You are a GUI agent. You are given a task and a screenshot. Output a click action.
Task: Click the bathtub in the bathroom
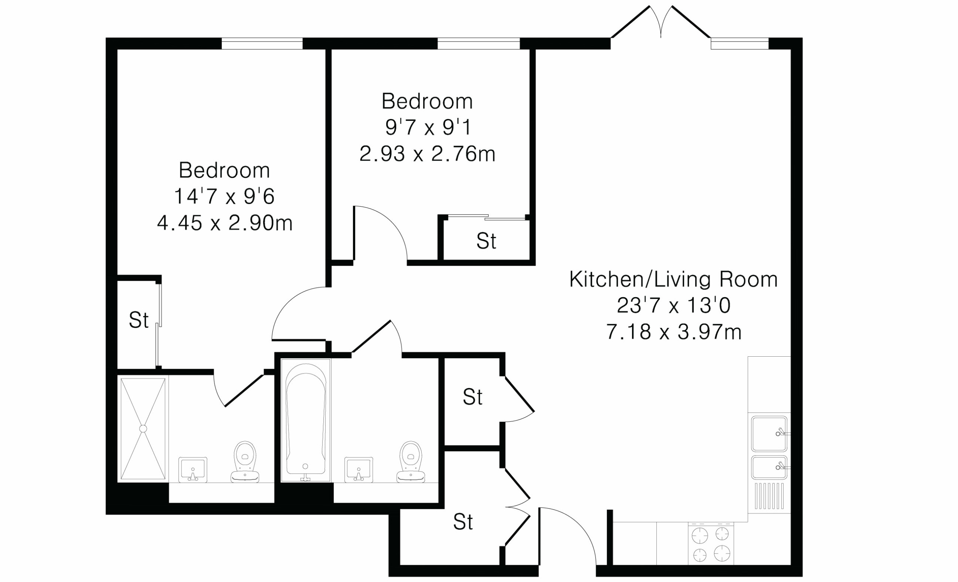[x=306, y=420]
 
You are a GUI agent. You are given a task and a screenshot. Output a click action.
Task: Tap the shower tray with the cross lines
[x=143, y=429]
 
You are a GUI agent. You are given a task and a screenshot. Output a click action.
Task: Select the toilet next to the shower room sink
[x=245, y=462]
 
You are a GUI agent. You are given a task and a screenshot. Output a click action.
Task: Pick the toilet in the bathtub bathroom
[x=411, y=462]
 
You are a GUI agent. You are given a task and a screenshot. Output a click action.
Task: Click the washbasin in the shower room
[x=192, y=470]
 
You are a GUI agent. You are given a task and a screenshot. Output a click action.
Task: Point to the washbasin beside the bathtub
[x=359, y=470]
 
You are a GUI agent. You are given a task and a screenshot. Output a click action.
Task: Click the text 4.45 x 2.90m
[x=225, y=223]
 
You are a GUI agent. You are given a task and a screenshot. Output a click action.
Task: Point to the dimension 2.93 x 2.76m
[x=427, y=154]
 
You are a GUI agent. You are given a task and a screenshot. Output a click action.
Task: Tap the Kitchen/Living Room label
[x=673, y=279]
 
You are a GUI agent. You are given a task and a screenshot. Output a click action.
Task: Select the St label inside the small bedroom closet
[x=486, y=241]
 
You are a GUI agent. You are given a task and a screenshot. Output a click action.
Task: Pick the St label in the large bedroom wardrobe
[x=138, y=320]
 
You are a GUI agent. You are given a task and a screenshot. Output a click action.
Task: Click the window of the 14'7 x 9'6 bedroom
[x=262, y=43]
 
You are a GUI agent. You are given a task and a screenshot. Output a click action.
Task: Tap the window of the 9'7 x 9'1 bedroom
[x=479, y=43]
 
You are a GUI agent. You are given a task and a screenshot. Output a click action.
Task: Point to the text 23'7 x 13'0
[x=673, y=305]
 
